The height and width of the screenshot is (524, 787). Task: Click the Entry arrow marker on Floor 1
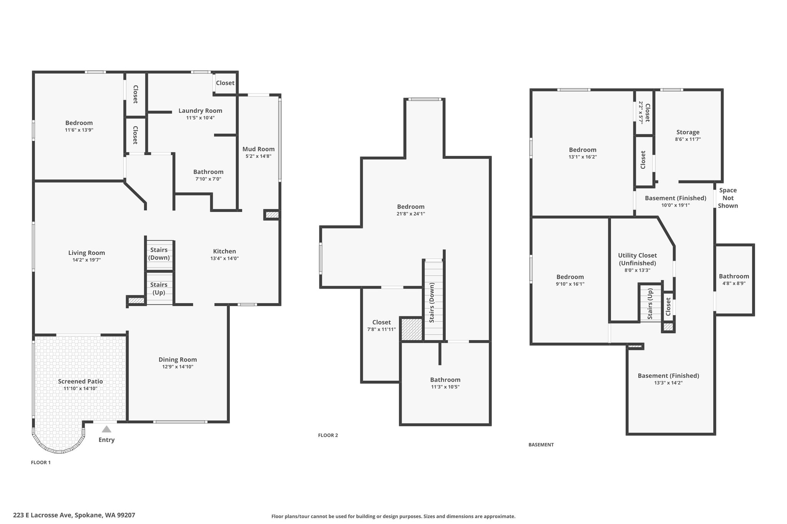pos(106,429)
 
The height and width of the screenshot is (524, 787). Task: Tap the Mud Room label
pos(258,149)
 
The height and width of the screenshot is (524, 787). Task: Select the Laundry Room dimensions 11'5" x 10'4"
pos(200,118)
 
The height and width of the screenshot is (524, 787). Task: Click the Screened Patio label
pos(80,381)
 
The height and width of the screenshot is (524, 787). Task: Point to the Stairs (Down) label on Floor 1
pos(159,254)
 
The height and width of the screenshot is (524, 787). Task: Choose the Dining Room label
pos(178,360)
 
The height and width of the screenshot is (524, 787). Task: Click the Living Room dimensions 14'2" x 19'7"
pos(86,260)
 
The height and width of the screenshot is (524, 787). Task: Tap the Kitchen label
pos(224,251)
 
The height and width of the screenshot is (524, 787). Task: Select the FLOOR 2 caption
pos(328,435)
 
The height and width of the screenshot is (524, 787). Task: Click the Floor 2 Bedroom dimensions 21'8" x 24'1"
pos(411,214)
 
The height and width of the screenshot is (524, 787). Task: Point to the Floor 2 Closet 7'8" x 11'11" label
pos(382,326)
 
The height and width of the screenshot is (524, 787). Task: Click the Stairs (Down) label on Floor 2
pos(432,302)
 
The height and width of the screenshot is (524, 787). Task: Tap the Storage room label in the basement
pos(688,132)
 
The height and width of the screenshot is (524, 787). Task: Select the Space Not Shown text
pos(728,198)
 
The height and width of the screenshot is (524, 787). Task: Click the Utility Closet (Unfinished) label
pos(637,259)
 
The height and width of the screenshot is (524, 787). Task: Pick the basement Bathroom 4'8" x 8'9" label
pos(734,279)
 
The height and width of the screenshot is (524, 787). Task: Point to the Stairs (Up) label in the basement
pos(650,304)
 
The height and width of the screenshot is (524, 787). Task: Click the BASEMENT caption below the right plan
pos(541,445)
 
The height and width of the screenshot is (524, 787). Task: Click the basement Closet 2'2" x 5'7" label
pos(644,112)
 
